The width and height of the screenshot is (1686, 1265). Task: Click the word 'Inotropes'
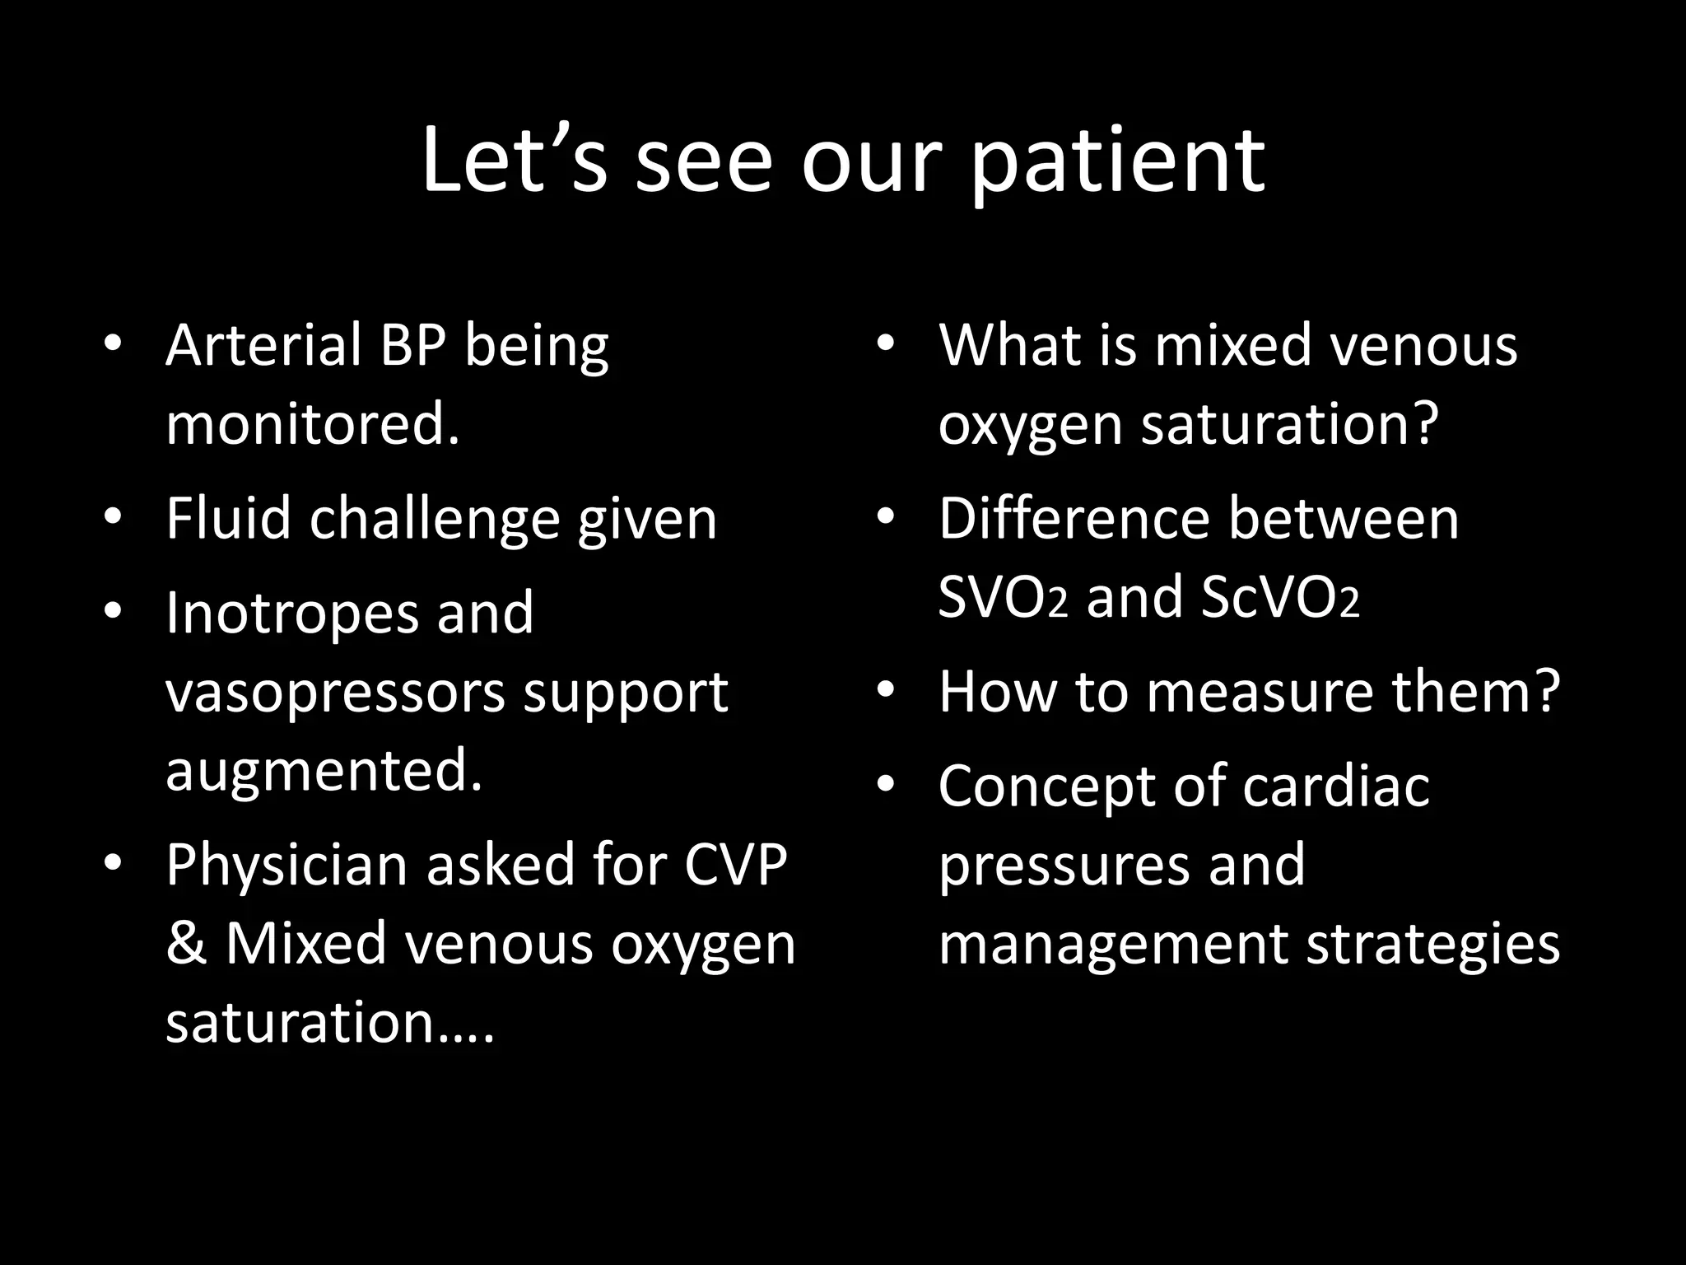click(292, 614)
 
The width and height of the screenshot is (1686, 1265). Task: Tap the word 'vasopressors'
click(335, 692)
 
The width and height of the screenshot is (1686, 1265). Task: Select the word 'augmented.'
click(324, 770)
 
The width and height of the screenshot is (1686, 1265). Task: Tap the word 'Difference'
click(1074, 519)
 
